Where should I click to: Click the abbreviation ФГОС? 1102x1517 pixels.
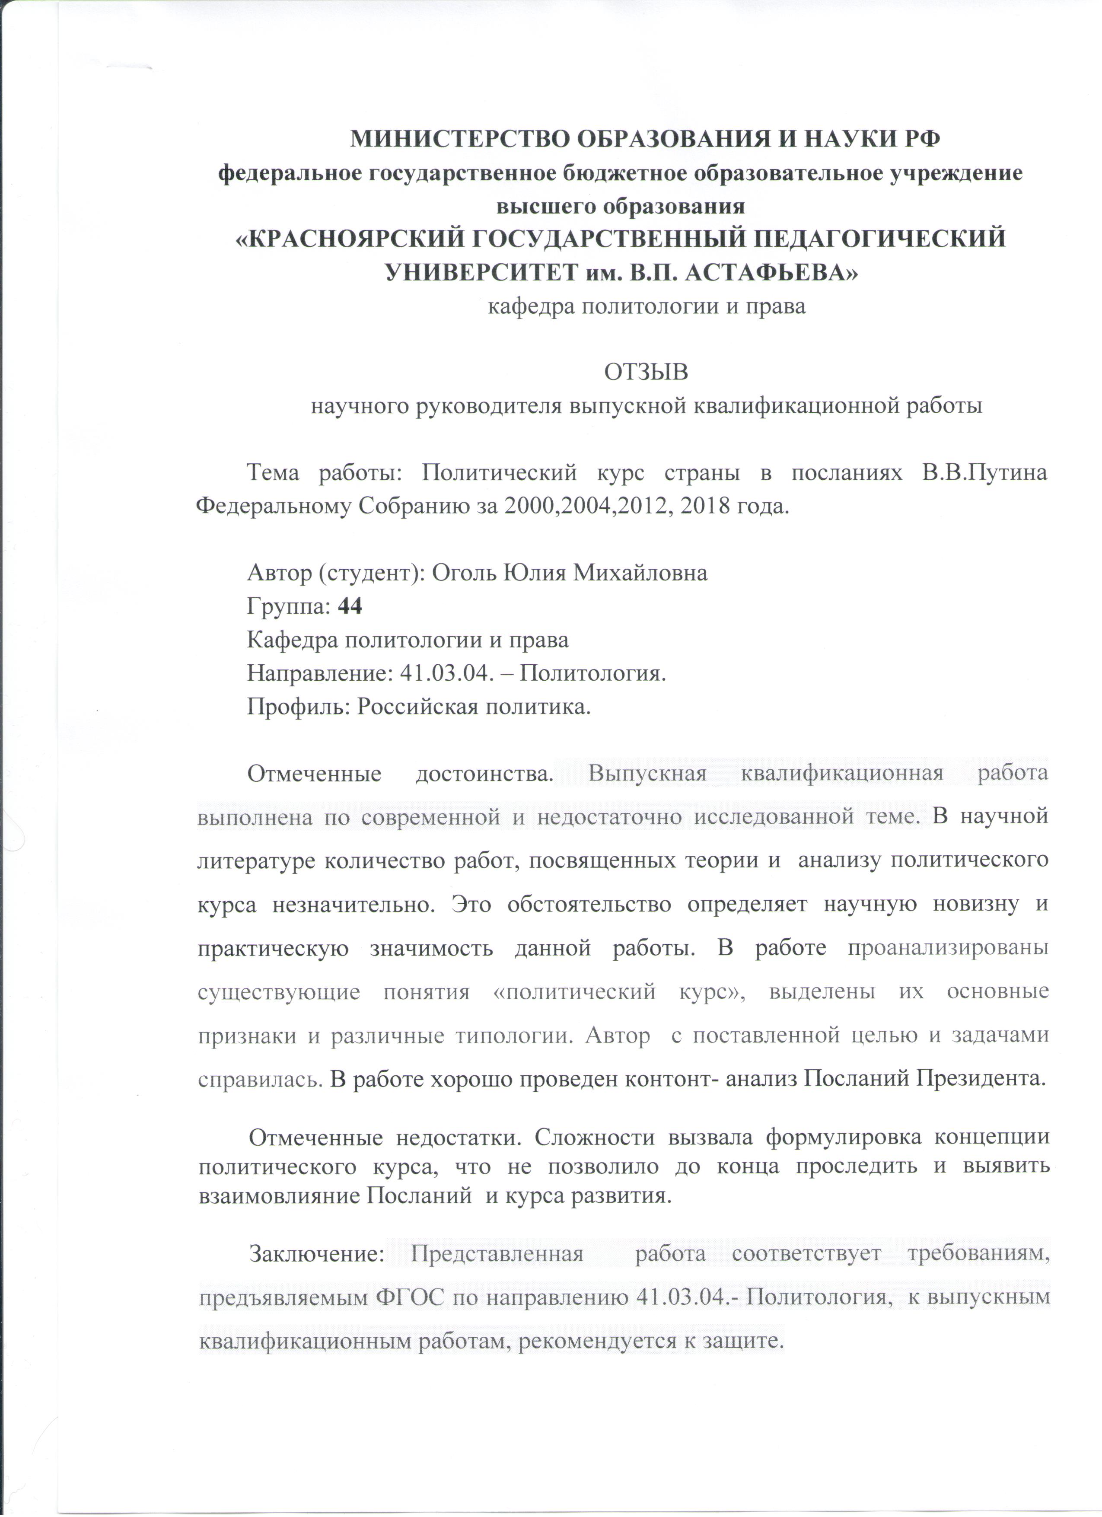408,1297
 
